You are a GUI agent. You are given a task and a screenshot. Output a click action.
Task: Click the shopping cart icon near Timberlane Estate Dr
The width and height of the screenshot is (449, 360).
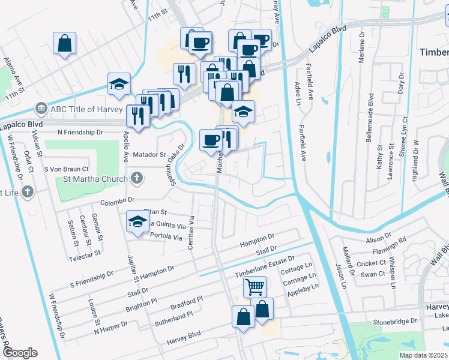[255, 287]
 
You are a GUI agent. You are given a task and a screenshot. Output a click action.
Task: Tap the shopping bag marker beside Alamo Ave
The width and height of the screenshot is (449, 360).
[65, 44]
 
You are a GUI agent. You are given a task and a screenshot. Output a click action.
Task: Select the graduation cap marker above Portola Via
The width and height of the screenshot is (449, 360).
[137, 221]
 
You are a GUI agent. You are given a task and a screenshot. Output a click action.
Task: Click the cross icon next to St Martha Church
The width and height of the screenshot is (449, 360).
[137, 178]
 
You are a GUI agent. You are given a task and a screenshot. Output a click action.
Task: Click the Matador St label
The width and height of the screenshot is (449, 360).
[149, 155]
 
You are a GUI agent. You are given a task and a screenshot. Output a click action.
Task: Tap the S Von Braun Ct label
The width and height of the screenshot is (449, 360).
[67, 170]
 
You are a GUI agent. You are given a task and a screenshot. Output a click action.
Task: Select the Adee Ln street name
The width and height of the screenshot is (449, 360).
[297, 91]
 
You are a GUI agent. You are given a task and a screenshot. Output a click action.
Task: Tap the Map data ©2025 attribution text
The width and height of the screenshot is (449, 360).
[424, 355]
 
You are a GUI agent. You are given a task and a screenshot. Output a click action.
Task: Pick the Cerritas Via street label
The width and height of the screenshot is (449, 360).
[193, 232]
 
